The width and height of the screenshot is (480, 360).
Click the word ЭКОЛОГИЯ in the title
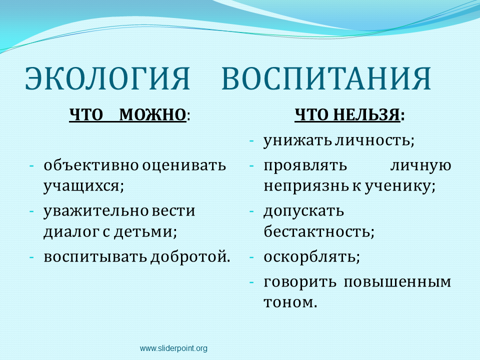[x=107, y=78]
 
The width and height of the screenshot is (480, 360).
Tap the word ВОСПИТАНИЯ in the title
[x=326, y=78]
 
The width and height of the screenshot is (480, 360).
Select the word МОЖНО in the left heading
[x=152, y=115]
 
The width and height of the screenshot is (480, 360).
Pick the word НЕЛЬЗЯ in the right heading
[x=366, y=115]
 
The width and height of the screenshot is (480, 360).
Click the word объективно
[x=91, y=165]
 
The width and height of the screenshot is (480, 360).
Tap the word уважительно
[x=96, y=210]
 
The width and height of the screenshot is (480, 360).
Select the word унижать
[x=297, y=140]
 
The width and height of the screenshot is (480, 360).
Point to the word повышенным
[x=397, y=282]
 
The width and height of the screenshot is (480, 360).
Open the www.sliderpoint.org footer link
[x=173, y=348]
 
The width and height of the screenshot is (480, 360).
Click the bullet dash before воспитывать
[x=31, y=257]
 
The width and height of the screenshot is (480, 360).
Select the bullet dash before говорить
[x=251, y=282]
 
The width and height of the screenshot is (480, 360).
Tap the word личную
[x=420, y=166]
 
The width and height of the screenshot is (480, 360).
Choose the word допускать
[x=303, y=211]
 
